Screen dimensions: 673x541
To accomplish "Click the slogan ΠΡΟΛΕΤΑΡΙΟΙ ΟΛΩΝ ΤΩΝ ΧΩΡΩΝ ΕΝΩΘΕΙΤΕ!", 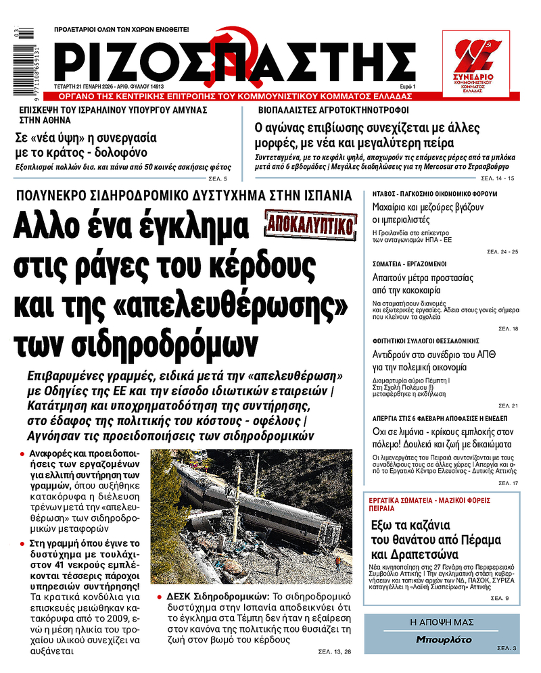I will pyautogui.click(x=121, y=30).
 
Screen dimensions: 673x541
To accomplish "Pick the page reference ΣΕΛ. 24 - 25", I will pyautogui.click(x=502, y=251).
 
